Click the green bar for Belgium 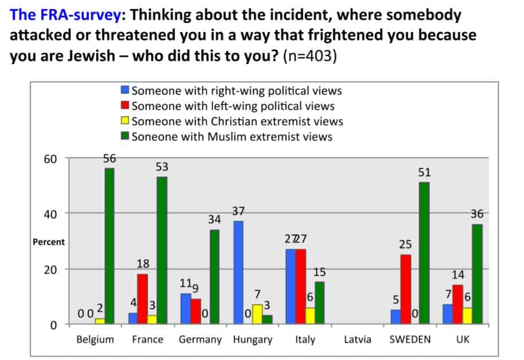coord(109,246)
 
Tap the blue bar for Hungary coord(239,272)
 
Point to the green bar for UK coord(477,274)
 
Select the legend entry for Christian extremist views coord(237,121)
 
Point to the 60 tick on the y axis coord(51,158)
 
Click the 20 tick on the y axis coord(51,269)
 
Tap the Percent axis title coord(49,242)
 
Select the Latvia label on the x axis coord(357,339)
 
